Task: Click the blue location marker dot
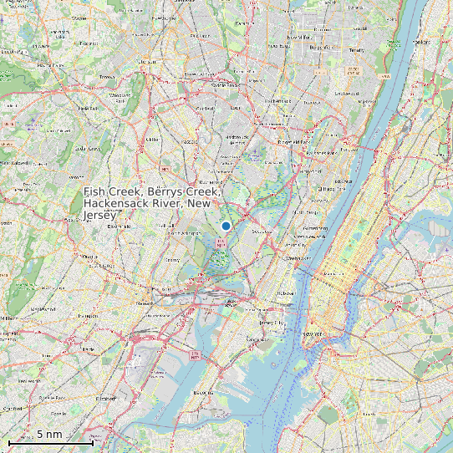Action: tap(226, 226)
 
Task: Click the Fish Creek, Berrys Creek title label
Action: tap(153, 203)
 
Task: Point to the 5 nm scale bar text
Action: tap(49, 435)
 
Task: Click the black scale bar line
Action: tap(50, 442)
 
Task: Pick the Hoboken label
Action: tap(285, 293)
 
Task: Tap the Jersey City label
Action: tap(269, 322)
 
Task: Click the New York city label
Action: tap(313, 334)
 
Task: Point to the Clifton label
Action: tap(151, 139)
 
